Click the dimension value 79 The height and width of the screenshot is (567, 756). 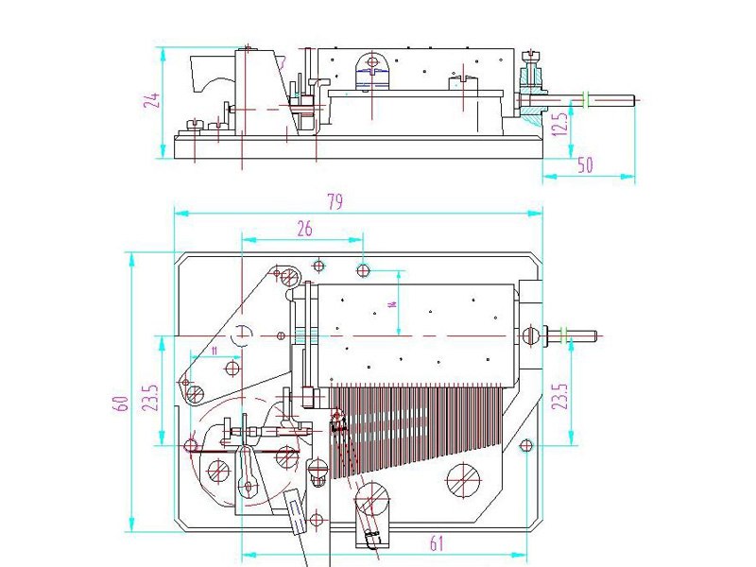[334, 202]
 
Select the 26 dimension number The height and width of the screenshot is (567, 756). [304, 228]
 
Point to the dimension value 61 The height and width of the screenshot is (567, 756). [438, 543]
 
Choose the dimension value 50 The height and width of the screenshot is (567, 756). [585, 165]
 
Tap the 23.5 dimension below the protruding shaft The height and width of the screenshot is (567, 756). [560, 402]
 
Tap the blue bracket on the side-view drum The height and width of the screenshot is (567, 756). [371, 68]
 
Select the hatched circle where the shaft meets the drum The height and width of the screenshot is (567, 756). [529, 335]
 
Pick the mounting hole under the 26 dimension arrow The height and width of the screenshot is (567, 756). [363, 271]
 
